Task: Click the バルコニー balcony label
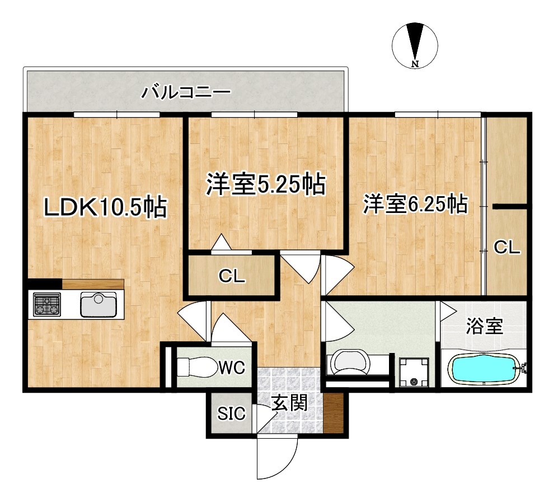(x=186, y=92)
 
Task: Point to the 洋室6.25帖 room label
(x=415, y=204)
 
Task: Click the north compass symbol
(x=415, y=45)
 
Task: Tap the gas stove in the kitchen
(x=46, y=305)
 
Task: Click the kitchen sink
(x=99, y=304)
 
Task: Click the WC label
(x=232, y=367)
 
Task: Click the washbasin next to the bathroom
(x=349, y=362)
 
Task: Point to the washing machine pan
(x=414, y=373)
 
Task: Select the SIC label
(x=231, y=413)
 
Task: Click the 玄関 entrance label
(x=289, y=403)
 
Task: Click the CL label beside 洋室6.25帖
(x=507, y=247)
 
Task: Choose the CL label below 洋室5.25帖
(x=232, y=276)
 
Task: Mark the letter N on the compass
(x=415, y=64)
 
